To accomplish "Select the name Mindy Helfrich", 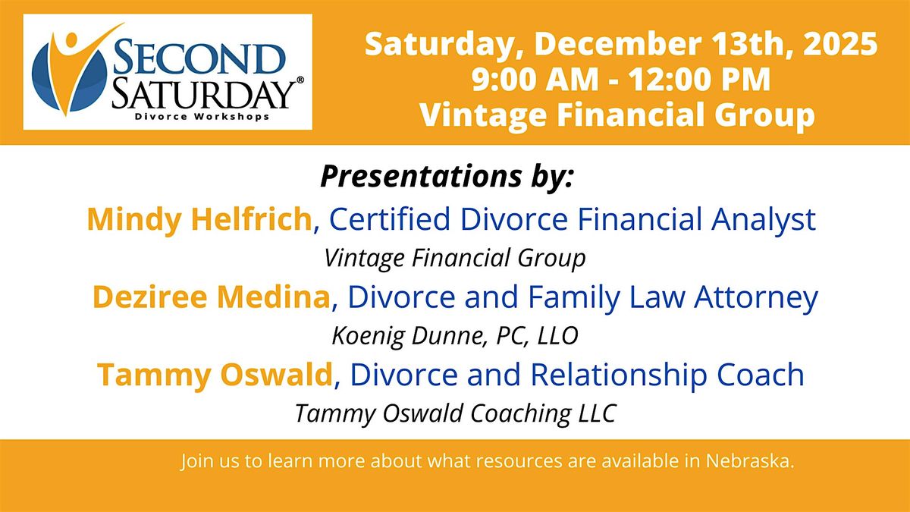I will (x=199, y=219).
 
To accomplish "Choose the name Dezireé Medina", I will (x=212, y=297).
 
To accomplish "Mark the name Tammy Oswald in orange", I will (x=214, y=375).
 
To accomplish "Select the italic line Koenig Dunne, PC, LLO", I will (x=455, y=335).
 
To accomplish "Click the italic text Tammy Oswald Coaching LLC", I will (x=455, y=413).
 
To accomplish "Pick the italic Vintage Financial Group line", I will (x=455, y=258).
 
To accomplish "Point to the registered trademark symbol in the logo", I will (x=300, y=80).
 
